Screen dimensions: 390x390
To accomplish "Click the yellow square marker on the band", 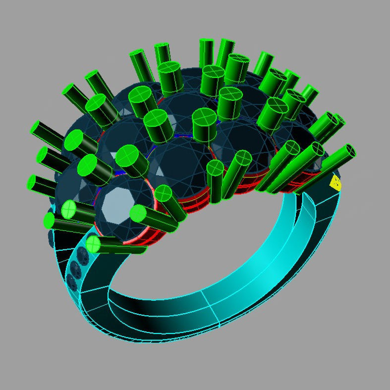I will click(335, 183).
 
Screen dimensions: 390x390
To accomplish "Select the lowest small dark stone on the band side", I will click(72, 282).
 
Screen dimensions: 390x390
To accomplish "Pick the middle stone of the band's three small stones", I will click(76, 270).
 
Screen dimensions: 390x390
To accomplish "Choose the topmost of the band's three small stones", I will click(81, 256).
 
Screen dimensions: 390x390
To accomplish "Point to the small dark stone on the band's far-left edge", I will click(52, 238).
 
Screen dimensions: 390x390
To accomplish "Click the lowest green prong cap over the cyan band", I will click(93, 244).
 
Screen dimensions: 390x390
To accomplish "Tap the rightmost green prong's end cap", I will click(350, 150).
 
